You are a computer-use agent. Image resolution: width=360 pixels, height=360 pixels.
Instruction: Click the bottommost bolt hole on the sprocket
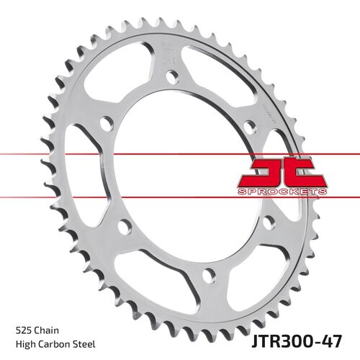point(210,274)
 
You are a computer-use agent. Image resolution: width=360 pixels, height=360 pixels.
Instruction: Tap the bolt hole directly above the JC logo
point(249,127)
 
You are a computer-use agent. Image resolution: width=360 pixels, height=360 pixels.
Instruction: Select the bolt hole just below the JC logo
point(268,222)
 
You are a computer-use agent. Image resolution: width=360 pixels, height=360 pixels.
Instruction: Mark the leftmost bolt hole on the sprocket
point(107,125)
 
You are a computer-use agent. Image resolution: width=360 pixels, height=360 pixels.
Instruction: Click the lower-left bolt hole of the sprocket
point(124,227)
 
